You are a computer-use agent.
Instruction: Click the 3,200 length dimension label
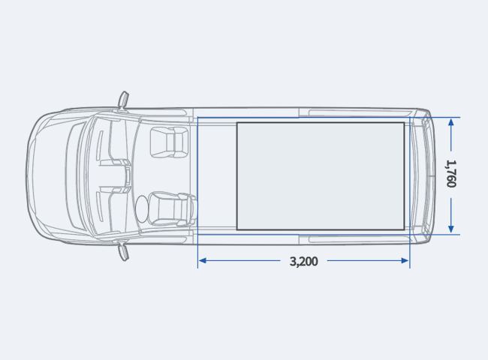coord(304,262)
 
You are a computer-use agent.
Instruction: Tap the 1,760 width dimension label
coord(451,174)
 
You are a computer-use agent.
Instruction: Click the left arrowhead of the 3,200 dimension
coord(202,260)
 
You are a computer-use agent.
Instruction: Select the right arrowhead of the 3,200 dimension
coord(405,260)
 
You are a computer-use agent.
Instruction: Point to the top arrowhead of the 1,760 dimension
coord(451,121)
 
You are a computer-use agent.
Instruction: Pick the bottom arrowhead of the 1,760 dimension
coord(451,229)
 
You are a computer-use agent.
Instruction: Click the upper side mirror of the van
coord(124,100)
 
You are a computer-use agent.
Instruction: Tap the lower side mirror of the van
coord(124,252)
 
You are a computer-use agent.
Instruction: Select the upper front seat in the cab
coord(170,142)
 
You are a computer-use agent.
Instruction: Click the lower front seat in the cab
coord(172,208)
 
